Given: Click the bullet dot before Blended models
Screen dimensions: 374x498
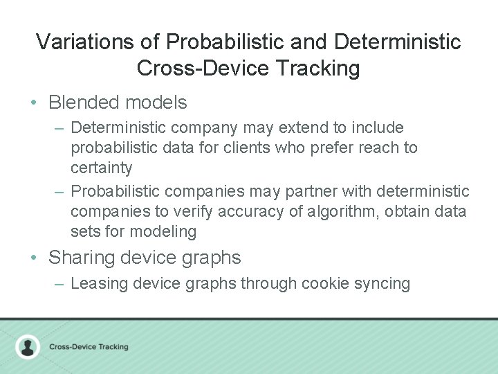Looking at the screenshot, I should click(34, 103).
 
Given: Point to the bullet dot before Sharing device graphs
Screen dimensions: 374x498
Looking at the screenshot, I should click(34, 258).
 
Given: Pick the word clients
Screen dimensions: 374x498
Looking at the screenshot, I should click(248, 148).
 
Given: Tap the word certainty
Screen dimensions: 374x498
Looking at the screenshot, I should click(101, 168).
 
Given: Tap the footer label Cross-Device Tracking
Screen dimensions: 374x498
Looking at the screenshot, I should click(89, 347).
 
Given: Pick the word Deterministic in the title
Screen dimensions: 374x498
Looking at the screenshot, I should click(397, 42).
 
